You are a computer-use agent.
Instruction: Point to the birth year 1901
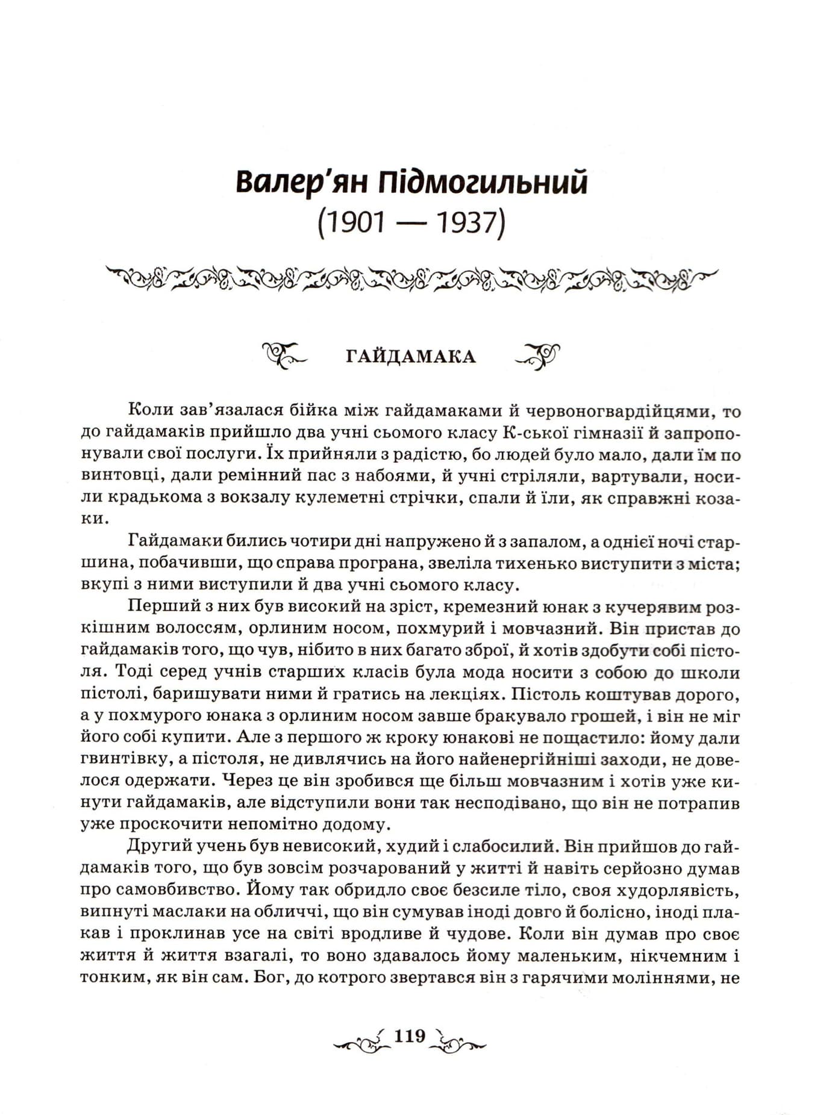(352, 224)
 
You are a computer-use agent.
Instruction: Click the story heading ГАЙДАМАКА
(411, 357)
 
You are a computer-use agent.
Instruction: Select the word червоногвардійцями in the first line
(620, 412)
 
